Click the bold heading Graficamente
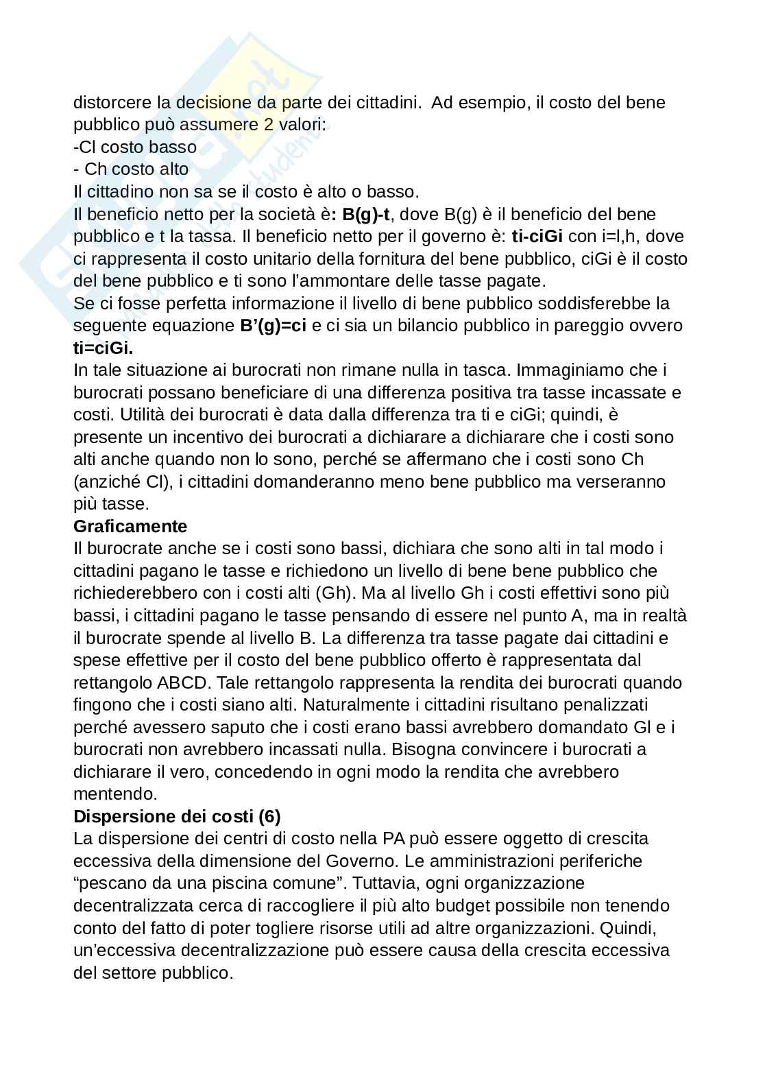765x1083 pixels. pos(130,526)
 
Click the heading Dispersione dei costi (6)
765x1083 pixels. pos(177,816)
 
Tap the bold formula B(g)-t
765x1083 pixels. pos(365,214)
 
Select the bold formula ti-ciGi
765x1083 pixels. pos(537,237)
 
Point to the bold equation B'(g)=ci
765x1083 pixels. pos(273,326)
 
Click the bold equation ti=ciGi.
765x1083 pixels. pos(103,348)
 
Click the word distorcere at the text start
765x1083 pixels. pos(112,103)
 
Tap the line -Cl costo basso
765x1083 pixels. pos(135,147)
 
